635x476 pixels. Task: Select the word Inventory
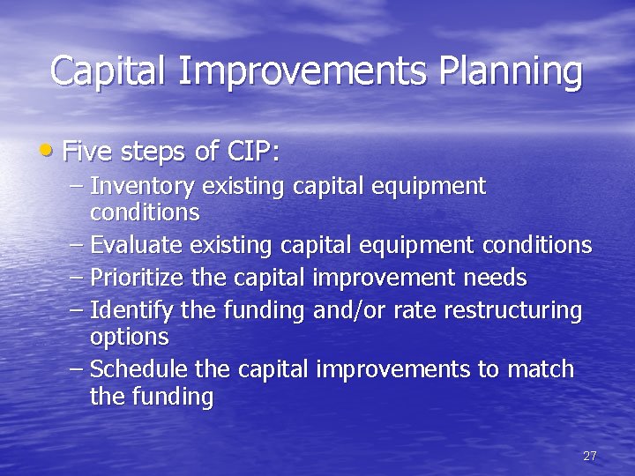coord(143,187)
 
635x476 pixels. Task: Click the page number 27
coord(590,456)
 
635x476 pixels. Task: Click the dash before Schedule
coord(76,369)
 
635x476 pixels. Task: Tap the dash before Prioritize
coord(76,279)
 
